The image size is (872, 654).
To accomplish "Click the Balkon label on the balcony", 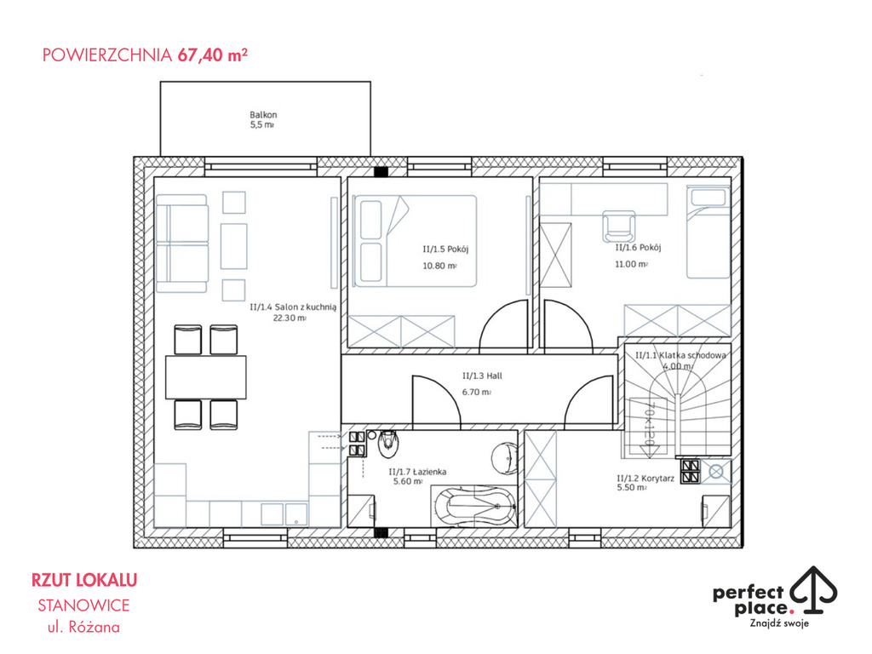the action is pos(263,115).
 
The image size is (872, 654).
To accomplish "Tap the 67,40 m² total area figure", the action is pos(212,54).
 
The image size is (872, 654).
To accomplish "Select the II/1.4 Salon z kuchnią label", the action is pos(293,307).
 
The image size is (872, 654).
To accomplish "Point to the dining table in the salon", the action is pos(206,377).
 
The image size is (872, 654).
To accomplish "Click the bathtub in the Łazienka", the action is pos(475,506).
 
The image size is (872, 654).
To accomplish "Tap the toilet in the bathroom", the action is pos(387,444).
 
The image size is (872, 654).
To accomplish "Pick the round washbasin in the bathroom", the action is pos(506,458).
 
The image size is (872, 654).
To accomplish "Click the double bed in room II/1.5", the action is pos(415,241).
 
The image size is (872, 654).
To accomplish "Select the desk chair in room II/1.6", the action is pos(619,227).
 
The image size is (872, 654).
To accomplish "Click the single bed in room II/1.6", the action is pos(708,232).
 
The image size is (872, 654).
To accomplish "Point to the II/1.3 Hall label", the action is pos(482,376).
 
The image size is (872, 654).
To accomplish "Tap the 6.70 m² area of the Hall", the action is pos(477,392).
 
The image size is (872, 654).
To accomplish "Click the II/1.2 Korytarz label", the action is pos(645,479).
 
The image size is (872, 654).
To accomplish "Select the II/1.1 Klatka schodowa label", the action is pos(680,355).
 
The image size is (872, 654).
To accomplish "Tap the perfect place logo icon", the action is pos(814,590).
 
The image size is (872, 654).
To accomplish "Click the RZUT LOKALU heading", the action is pos(84,580).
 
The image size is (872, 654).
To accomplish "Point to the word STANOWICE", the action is pos(83,605).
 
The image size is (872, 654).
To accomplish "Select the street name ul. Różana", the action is pos(83,627).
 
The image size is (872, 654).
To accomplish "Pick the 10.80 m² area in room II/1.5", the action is pos(440,266).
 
